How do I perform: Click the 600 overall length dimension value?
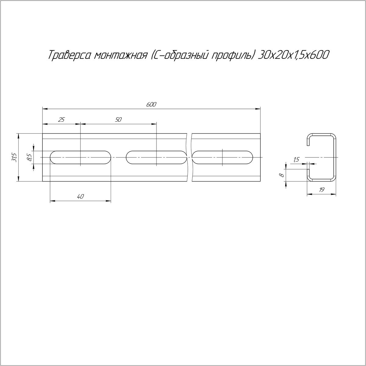(x=151, y=105)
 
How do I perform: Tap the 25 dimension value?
(x=61, y=120)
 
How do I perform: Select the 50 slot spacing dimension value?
(x=118, y=120)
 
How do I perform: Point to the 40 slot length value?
(x=80, y=197)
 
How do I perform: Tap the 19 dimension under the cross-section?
(x=321, y=190)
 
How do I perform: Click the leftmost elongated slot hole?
(x=80, y=157)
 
